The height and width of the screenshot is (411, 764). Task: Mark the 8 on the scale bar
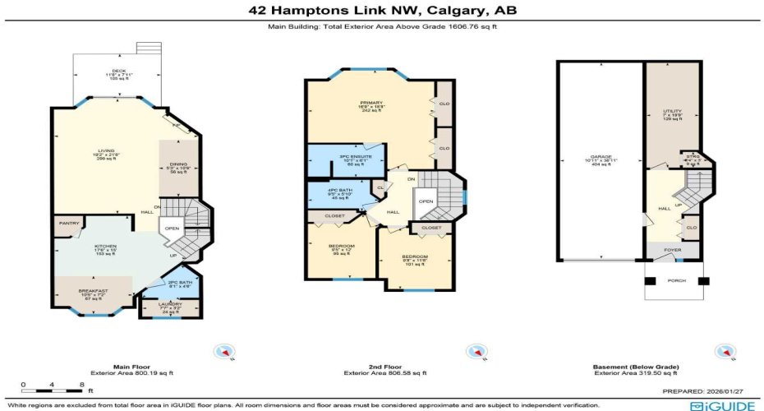click(81, 384)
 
